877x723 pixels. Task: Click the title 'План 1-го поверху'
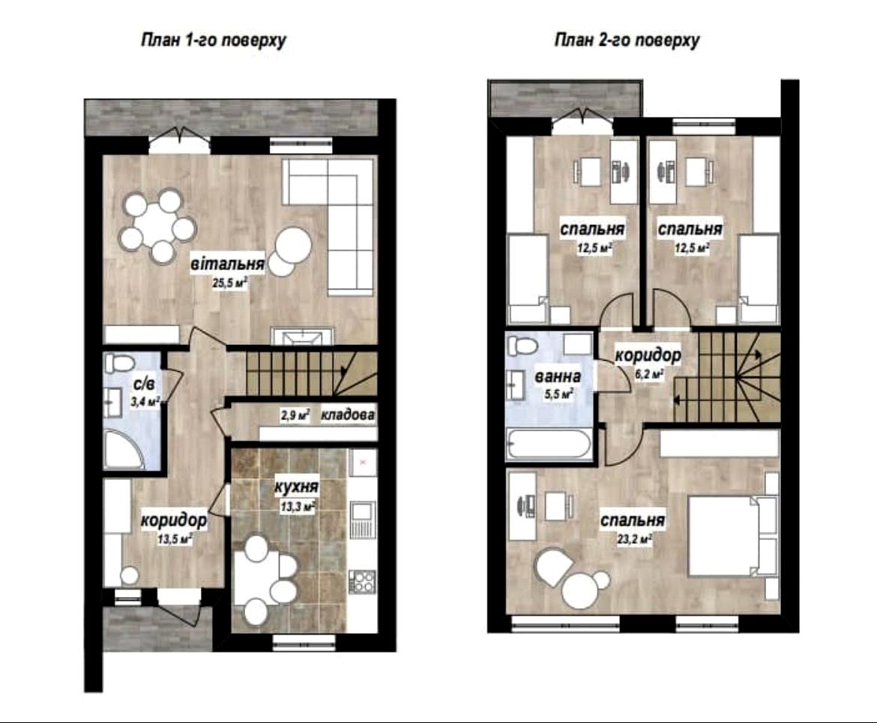(x=213, y=40)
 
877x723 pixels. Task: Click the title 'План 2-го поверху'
(x=627, y=40)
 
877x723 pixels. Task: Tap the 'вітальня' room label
(x=228, y=263)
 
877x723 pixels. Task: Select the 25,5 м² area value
(x=230, y=283)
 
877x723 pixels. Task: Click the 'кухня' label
(x=296, y=487)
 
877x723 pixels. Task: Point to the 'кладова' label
(x=347, y=415)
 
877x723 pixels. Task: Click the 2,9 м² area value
(x=295, y=415)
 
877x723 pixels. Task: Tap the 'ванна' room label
(x=558, y=376)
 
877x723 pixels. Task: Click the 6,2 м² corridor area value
(x=649, y=373)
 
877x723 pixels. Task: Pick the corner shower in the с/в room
(x=124, y=448)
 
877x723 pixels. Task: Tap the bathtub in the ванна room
(x=549, y=445)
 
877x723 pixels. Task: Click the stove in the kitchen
(x=363, y=581)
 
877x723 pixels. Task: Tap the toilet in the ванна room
(x=521, y=345)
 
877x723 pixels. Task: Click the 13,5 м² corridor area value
(x=175, y=540)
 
